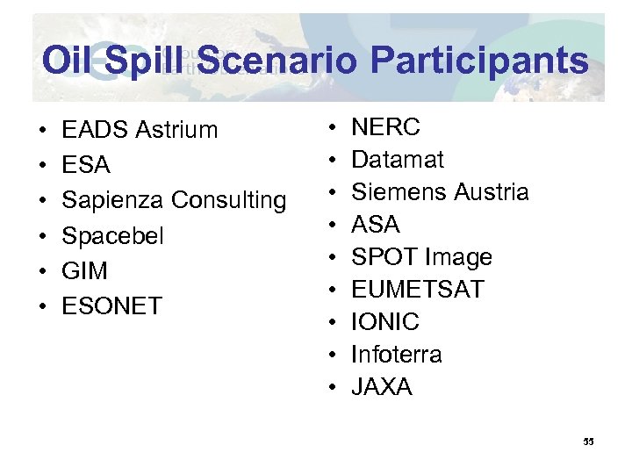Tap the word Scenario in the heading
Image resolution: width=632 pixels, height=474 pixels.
(x=278, y=61)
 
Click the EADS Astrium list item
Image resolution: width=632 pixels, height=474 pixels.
(x=140, y=130)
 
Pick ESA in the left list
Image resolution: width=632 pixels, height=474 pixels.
(x=86, y=165)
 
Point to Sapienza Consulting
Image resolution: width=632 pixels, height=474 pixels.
(x=174, y=200)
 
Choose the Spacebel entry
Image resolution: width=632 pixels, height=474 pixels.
(x=112, y=236)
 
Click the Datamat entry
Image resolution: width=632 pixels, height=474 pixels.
(x=397, y=160)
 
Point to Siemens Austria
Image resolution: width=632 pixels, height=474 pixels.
(x=440, y=192)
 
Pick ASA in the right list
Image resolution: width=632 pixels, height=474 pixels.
(x=375, y=225)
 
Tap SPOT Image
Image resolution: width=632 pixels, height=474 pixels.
(x=421, y=257)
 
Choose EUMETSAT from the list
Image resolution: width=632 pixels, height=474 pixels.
(x=417, y=290)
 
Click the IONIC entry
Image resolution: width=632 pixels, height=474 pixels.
(x=384, y=322)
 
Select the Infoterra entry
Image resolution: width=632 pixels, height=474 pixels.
(x=396, y=355)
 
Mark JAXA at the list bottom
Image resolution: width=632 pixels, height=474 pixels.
(x=381, y=387)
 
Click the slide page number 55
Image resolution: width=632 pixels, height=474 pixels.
(x=588, y=442)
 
